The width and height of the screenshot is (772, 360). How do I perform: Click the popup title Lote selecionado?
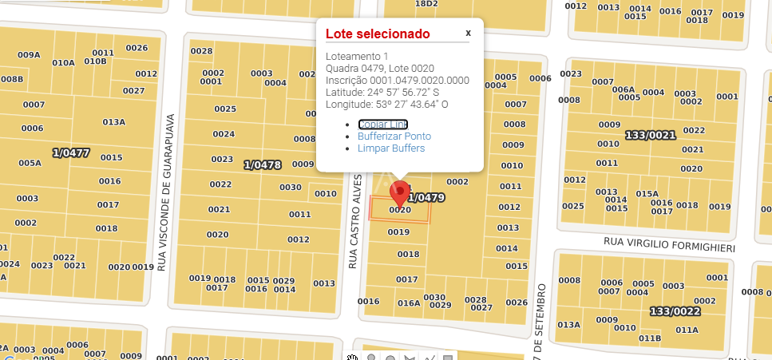pyautogui.click(x=377, y=34)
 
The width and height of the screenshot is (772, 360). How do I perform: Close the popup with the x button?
pyautogui.click(x=469, y=33)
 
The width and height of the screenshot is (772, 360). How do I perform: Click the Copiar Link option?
pyautogui.click(x=382, y=124)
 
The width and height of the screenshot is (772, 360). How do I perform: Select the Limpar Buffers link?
pyautogui.click(x=390, y=148)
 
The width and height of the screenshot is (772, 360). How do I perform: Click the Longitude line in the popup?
pyautogui.click(x=386, y=105)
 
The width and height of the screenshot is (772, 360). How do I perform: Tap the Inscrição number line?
pyautogui.click(x=397, y=81)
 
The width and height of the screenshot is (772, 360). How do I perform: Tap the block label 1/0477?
pyautogui.click(x=70, y=152)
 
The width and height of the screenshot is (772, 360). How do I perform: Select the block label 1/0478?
pyautogui.click(x=263, y=165)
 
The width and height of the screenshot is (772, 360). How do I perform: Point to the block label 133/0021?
pyautogui.click(x=651, y=135)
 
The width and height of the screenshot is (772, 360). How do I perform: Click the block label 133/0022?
pyautogui.click(x=675, y=311)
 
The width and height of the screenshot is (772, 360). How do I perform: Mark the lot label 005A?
pyautogui.click(x=30, y=164)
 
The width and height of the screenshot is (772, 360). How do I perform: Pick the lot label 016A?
pyautogui.click(x=409, y=303)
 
